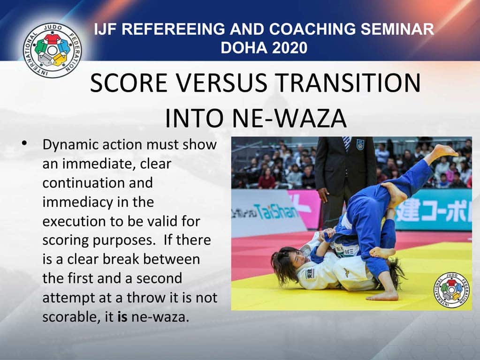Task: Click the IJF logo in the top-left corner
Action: coord(52,50)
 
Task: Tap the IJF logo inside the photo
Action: coord(451,290)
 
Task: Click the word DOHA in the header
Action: coord(243,48)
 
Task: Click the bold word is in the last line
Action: coord(122,317)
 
